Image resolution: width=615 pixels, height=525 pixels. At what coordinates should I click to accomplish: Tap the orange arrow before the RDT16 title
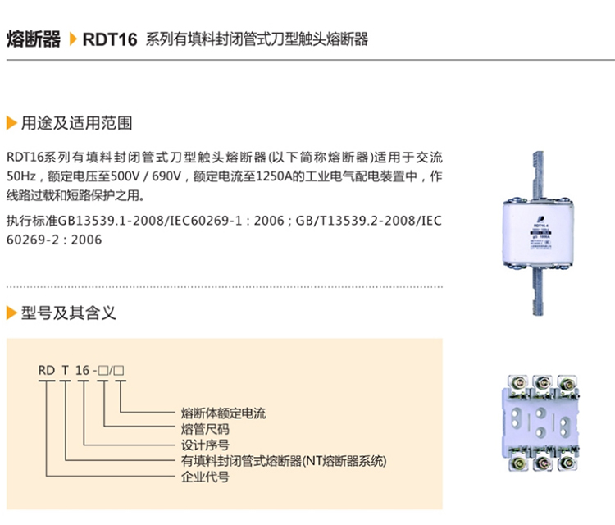[73, 39]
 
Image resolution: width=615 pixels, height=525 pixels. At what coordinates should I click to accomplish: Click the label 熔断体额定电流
[223, 413]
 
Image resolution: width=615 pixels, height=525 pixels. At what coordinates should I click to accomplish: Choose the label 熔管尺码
[205, 429]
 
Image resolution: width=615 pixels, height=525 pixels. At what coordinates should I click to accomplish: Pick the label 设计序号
[205, 445]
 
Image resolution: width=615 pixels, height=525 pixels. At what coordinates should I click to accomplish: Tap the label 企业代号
[205, 477]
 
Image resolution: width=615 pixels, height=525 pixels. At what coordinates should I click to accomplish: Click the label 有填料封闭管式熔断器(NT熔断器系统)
[283, 461]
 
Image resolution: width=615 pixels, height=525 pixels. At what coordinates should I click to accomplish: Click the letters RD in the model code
[46, 371]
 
